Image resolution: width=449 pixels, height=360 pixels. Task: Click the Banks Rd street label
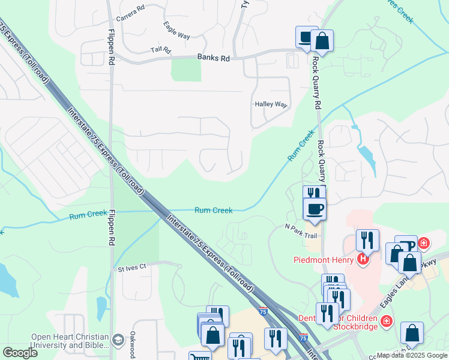coord(213,58)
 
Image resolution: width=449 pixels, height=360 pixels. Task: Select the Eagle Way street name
coord(176,31)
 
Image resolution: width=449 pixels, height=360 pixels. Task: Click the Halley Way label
coord(271,104)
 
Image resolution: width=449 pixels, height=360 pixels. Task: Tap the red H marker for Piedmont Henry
coord(362,259)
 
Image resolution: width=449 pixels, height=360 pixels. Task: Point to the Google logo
coord(20,353)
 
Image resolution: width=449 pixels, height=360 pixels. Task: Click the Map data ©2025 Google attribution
coord(411,355)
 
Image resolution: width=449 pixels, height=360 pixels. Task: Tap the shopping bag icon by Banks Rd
coord(322,41)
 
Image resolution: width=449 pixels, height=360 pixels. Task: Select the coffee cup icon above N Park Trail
coord(315,209)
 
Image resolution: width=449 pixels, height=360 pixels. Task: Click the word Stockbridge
coord(357,326)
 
